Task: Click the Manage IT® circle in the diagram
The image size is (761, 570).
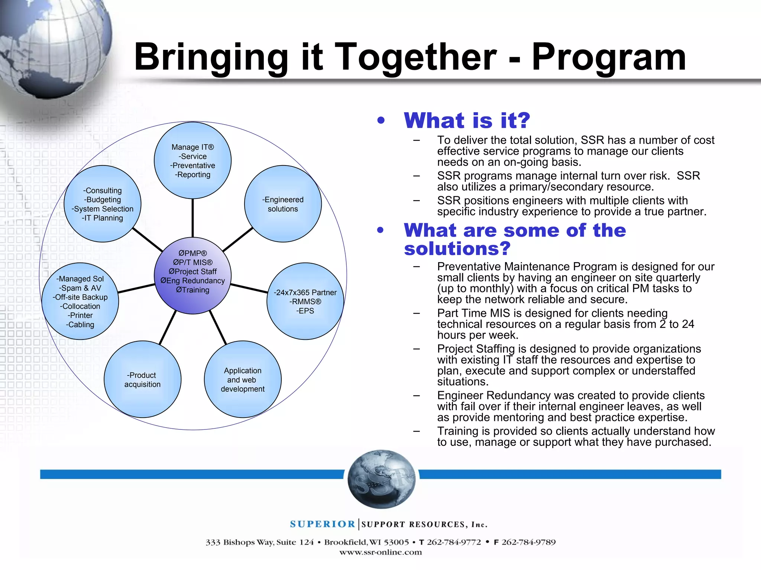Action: pos(192,161)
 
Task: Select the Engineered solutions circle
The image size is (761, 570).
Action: pos(283,204)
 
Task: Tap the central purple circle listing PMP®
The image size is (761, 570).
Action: pos(192,275)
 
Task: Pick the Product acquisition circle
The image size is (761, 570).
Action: pos(142,380)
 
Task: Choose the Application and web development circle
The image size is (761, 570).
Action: pos(243,380)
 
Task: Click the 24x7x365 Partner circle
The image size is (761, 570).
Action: pos(305,301)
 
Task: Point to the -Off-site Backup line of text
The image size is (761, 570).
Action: pos(80,297)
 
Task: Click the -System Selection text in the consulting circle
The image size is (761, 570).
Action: pos(103,209)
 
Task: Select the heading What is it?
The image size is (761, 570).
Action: pos(467,120)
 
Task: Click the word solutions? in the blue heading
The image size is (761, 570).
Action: pos(457,248)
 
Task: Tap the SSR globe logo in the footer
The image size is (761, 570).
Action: pos(381,479)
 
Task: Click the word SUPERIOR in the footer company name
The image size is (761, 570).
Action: pos(323,524)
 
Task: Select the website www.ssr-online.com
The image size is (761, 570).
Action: pos(380,552)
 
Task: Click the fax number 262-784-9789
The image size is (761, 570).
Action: pos(528,542)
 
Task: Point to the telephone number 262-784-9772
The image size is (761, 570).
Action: pos(454,542)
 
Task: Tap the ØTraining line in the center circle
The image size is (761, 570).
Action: pos(192,290)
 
